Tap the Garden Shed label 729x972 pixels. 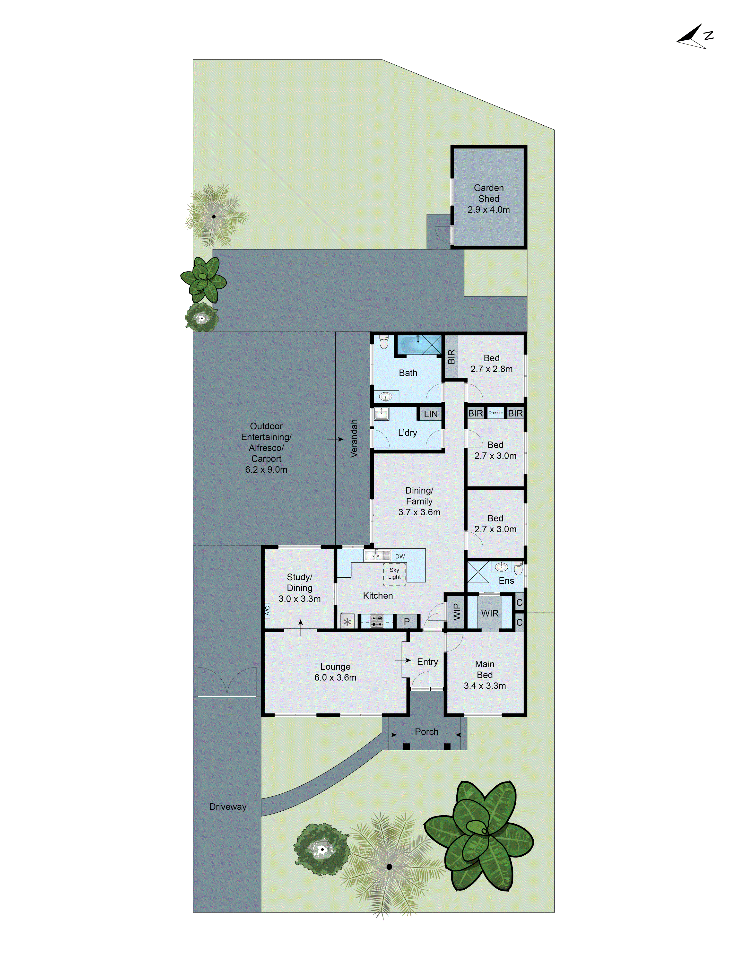coord(489,193)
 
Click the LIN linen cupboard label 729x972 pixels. coord(431,414)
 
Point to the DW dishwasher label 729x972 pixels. coord(400,556)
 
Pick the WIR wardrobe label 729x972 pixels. coord(489,613)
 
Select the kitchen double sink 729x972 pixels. coord(377,555)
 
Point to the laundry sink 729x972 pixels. coord(381,414)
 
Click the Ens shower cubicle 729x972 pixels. coord(478,572)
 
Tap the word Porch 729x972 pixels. coord(426,732)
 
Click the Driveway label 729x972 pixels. coord(228,807)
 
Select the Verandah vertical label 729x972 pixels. coord(354,439)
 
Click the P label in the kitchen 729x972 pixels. coord(407,621)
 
